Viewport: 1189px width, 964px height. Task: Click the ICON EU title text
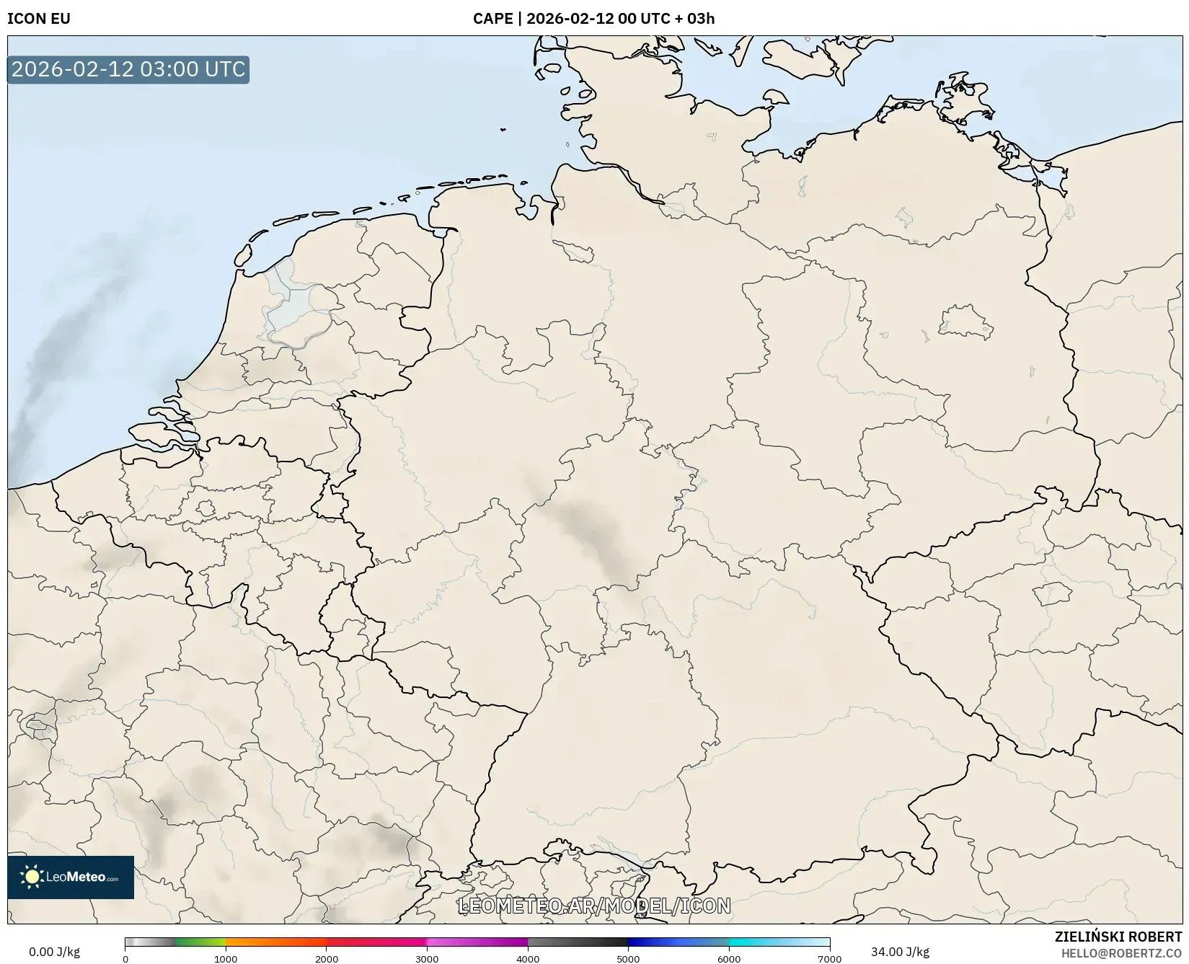coord(39,19)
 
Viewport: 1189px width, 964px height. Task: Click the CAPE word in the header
coord(492,19)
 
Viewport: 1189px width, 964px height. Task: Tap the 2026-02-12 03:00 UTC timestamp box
coord(128,70)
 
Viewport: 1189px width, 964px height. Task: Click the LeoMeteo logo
coord(71,877)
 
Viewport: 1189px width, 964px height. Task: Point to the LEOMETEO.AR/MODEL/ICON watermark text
coord(594,906)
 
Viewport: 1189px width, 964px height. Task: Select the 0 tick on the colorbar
coord(125,959)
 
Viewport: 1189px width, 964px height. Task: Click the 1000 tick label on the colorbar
coord(226,959)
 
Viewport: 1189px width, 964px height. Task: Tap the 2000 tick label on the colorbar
coord(327,959)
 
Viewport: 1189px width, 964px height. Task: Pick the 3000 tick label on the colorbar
coord(427,959)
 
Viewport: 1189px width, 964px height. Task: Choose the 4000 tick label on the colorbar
coord(528,959)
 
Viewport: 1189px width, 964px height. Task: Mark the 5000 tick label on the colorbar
coord(628,959)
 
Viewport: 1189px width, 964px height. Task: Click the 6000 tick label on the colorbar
coord(729,959)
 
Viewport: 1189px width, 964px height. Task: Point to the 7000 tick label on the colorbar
coord(829,959)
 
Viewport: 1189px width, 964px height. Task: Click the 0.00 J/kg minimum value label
coord(54,952)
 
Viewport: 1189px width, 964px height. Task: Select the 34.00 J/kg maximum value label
coord(900,952)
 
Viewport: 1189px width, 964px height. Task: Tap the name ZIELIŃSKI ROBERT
coord(1118,937)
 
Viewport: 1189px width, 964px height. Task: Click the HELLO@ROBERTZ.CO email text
coord(1121,953)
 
